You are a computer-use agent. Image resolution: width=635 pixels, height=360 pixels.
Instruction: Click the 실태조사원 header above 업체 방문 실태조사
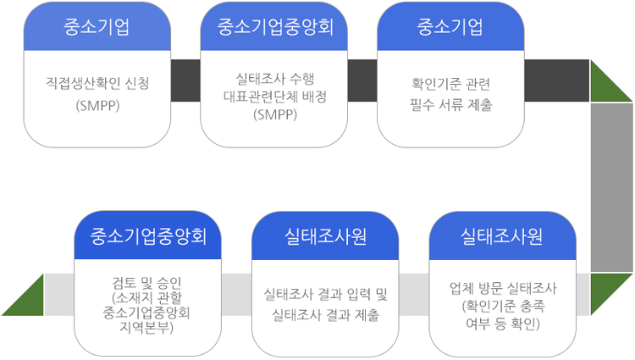503,235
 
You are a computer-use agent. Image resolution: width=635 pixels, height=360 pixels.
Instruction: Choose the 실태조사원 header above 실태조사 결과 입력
326,235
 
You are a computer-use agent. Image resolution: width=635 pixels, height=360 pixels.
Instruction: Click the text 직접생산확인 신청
97,85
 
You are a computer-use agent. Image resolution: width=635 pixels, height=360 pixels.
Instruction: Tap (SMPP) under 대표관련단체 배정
274,114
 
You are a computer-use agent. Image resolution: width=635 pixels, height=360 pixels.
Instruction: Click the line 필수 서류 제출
450,104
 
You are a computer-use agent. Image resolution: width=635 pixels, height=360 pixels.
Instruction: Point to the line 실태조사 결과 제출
326,315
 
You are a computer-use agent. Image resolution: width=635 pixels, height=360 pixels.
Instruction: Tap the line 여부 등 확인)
503,324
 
